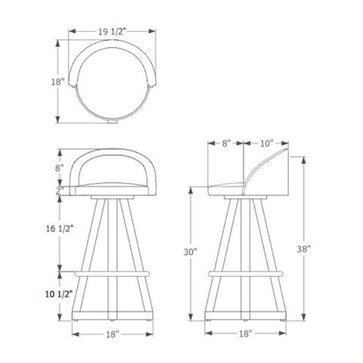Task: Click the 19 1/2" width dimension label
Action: pos(112,32)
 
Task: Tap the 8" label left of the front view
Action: pos(60,167)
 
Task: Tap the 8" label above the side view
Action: pos(226,143)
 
